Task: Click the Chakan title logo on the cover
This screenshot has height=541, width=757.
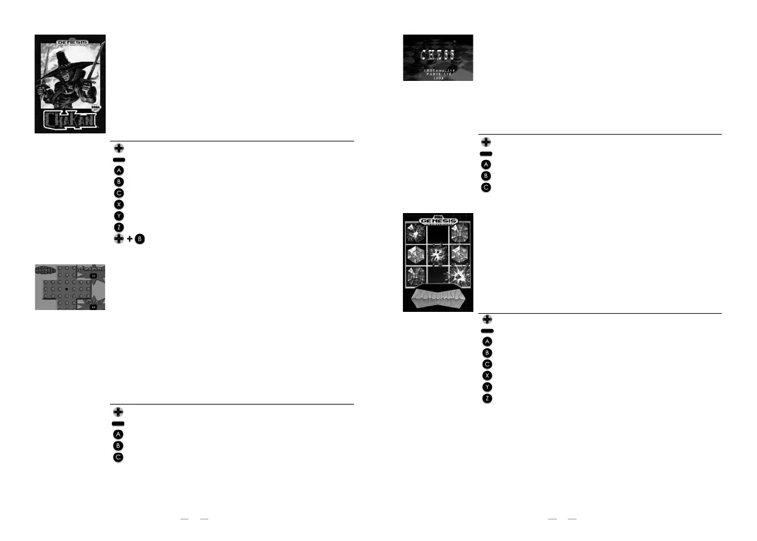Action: click(x=70, y=119)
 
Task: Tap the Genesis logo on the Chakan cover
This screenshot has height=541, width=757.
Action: click(x=72, y=43)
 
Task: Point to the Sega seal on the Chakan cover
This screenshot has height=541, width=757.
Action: click(x=96, y=106)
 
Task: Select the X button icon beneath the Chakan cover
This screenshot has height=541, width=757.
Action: click(x=119, y=204)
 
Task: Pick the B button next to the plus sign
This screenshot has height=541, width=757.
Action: click(x=140, y=239)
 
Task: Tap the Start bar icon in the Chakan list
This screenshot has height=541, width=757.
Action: click(x=119, y=159)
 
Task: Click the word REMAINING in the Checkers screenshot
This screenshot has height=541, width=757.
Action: click(x=91, y=269)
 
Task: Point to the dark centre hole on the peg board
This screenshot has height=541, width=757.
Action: click(x=67, y=288)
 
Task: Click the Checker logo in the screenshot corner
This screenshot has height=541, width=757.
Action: click(x=45, y=270)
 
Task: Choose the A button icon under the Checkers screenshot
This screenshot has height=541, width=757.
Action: click(x=118, y=434)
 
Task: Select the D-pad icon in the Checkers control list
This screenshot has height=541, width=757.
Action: click(x=118, y=412)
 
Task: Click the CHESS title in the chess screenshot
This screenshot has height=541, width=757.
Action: click(x=438, y=55)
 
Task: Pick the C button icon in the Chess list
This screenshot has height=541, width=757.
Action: click(x=486, y=187)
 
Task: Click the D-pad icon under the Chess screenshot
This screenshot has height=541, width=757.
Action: click(x=486, y=142)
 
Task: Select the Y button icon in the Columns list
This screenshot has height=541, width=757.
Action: click(x=487, y=387)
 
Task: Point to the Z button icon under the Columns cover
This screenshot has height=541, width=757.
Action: click(x=487, y=398)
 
